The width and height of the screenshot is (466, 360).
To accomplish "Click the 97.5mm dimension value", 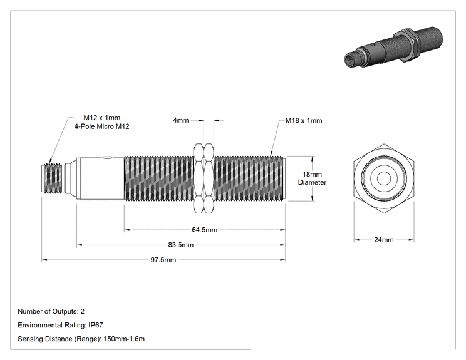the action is (x=163, y=260).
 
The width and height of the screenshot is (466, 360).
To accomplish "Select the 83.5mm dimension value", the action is (x=180, y=245).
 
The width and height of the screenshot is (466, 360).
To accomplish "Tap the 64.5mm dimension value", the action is (x=204, y=230).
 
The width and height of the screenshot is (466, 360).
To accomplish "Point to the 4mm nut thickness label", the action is (x=180, y=120).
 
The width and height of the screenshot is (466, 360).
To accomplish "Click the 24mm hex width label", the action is (x=384, y=240).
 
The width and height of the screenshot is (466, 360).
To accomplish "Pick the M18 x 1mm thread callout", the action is (x=304, y=121).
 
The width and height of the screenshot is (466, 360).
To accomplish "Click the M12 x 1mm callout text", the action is (x=101, y=118).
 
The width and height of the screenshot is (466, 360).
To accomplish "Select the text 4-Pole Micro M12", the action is (x=101, y=126).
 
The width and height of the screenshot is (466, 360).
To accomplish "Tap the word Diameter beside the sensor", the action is (x=312, y=182).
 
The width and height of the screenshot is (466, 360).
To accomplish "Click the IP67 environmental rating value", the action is (x=96, y=325).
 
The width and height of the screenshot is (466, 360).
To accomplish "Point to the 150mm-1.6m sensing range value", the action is (x=124, y=339).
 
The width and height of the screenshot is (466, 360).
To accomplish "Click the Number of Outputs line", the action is (x=51, y=312).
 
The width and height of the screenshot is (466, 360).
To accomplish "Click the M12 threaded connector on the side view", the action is (x=51, y=178).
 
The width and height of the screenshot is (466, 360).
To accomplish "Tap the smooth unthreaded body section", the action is (x=100, y=178).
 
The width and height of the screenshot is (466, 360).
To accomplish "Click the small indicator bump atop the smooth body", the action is (x=106, y=157).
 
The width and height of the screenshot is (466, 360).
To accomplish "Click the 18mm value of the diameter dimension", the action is (x=312, y=174).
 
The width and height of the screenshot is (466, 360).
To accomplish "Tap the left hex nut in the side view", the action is (x=199, y=178).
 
